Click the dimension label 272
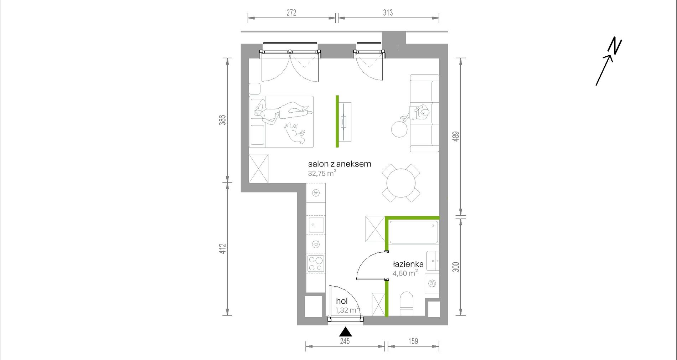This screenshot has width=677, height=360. coord(291,13)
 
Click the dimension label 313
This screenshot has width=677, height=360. coord(388,13)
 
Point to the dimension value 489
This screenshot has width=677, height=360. coord(456,137)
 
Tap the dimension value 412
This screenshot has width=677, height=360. coord(223,248)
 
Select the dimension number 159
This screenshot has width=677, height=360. coord(413,341)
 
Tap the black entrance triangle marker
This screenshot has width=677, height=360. coord(345,332)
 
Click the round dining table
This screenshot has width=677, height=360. coord(401,183)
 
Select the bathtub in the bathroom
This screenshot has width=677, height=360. coord(414,232)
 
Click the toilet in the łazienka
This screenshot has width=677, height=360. coord(407,304)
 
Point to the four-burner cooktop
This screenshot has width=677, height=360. coord(316,264)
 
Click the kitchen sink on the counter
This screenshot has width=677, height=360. coord(316,225)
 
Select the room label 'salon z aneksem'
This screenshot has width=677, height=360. coord(340,164)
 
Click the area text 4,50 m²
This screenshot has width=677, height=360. coord(405,273)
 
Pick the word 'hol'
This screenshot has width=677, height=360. coord(342,301)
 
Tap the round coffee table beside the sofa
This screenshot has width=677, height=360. coord(399,129)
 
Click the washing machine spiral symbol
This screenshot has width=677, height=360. coord(432,284)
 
